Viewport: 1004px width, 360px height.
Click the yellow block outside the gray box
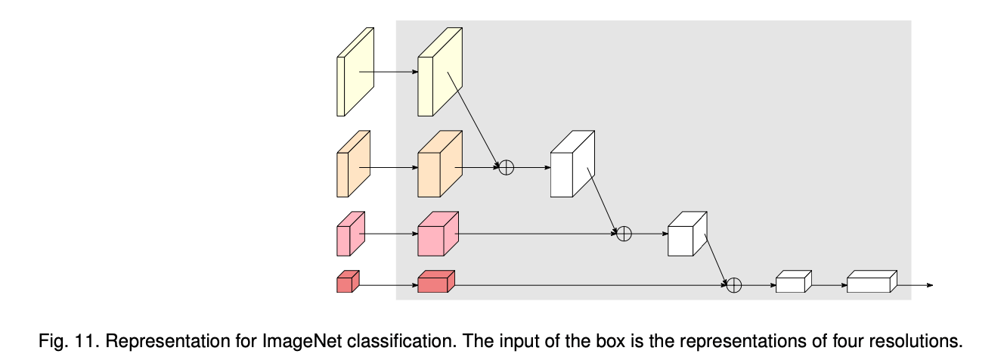point(355,73)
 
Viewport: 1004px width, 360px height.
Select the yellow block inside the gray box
point(439,73)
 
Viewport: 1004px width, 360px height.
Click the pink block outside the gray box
point(350,234)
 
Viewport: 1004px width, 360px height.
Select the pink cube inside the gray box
point(438,234)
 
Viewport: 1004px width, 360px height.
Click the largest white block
point(572,165)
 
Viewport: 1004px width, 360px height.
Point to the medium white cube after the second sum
point(686,234)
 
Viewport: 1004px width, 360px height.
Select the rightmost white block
point(870,282)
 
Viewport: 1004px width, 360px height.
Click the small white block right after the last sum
point(792,282)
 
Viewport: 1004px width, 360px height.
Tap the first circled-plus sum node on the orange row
point(507,168)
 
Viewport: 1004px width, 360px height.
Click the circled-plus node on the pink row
point(624,234)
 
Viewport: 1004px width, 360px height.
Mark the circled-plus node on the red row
point(733,285)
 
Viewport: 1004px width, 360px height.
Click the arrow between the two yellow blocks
point(389,73)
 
